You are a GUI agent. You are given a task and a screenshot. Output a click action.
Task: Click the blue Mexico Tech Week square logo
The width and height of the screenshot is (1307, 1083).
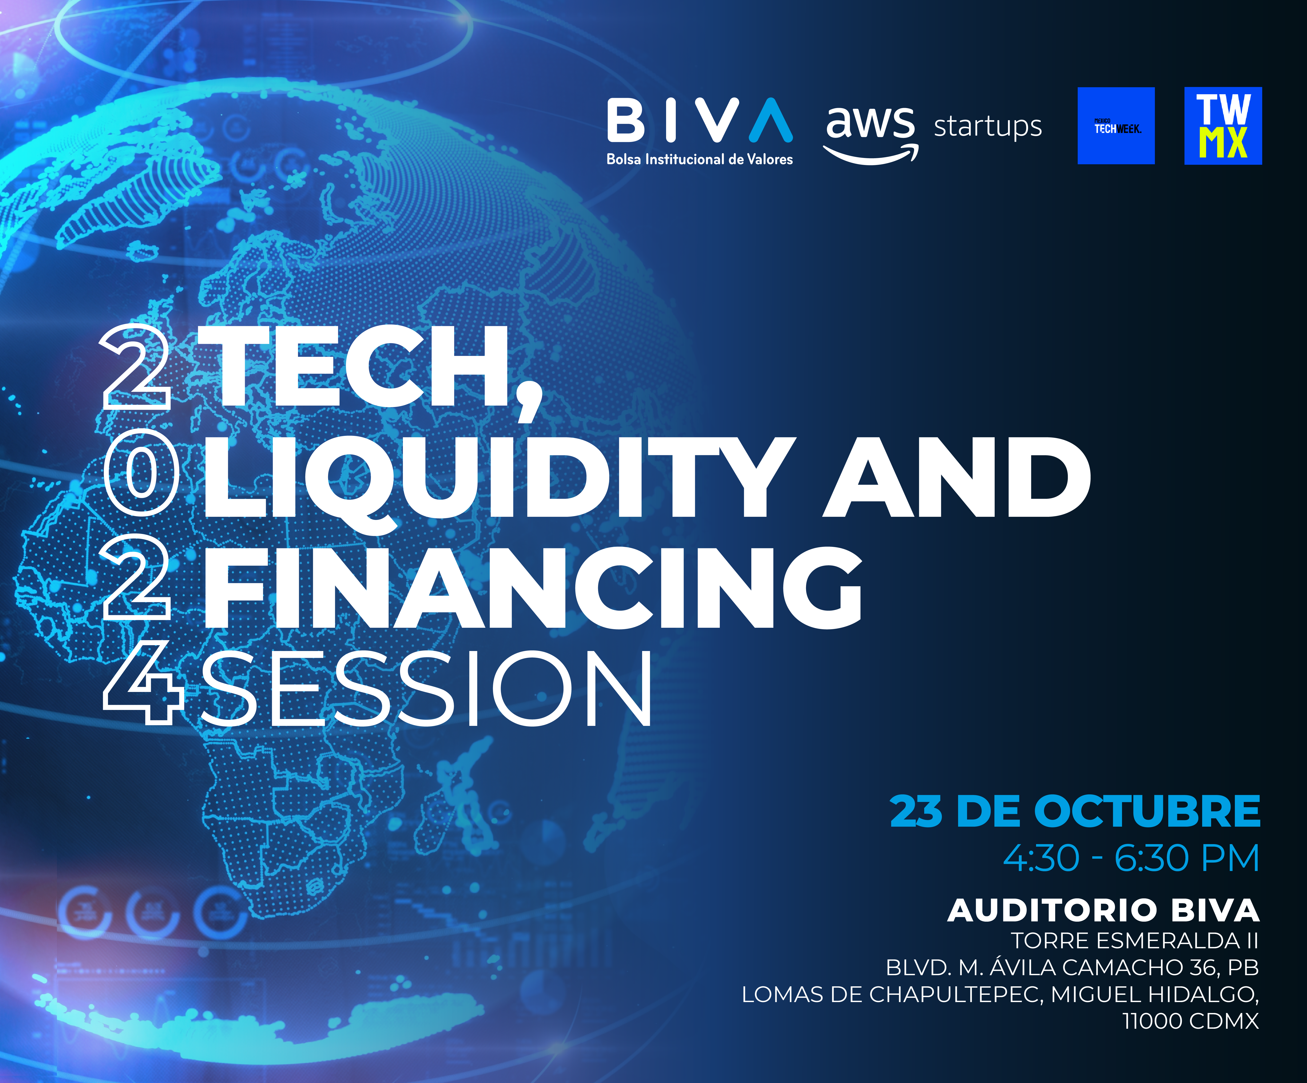coord(1116,126)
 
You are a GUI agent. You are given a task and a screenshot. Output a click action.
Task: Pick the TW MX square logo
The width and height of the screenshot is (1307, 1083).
coord(1223,126)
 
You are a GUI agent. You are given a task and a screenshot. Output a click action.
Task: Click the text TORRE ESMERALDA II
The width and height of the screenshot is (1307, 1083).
coord(1135,940)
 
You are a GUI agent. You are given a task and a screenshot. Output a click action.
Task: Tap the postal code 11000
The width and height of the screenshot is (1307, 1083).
coord(1151,1021)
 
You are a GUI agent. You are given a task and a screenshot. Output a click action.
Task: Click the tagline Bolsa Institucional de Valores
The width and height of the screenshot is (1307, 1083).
coord(700,159)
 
